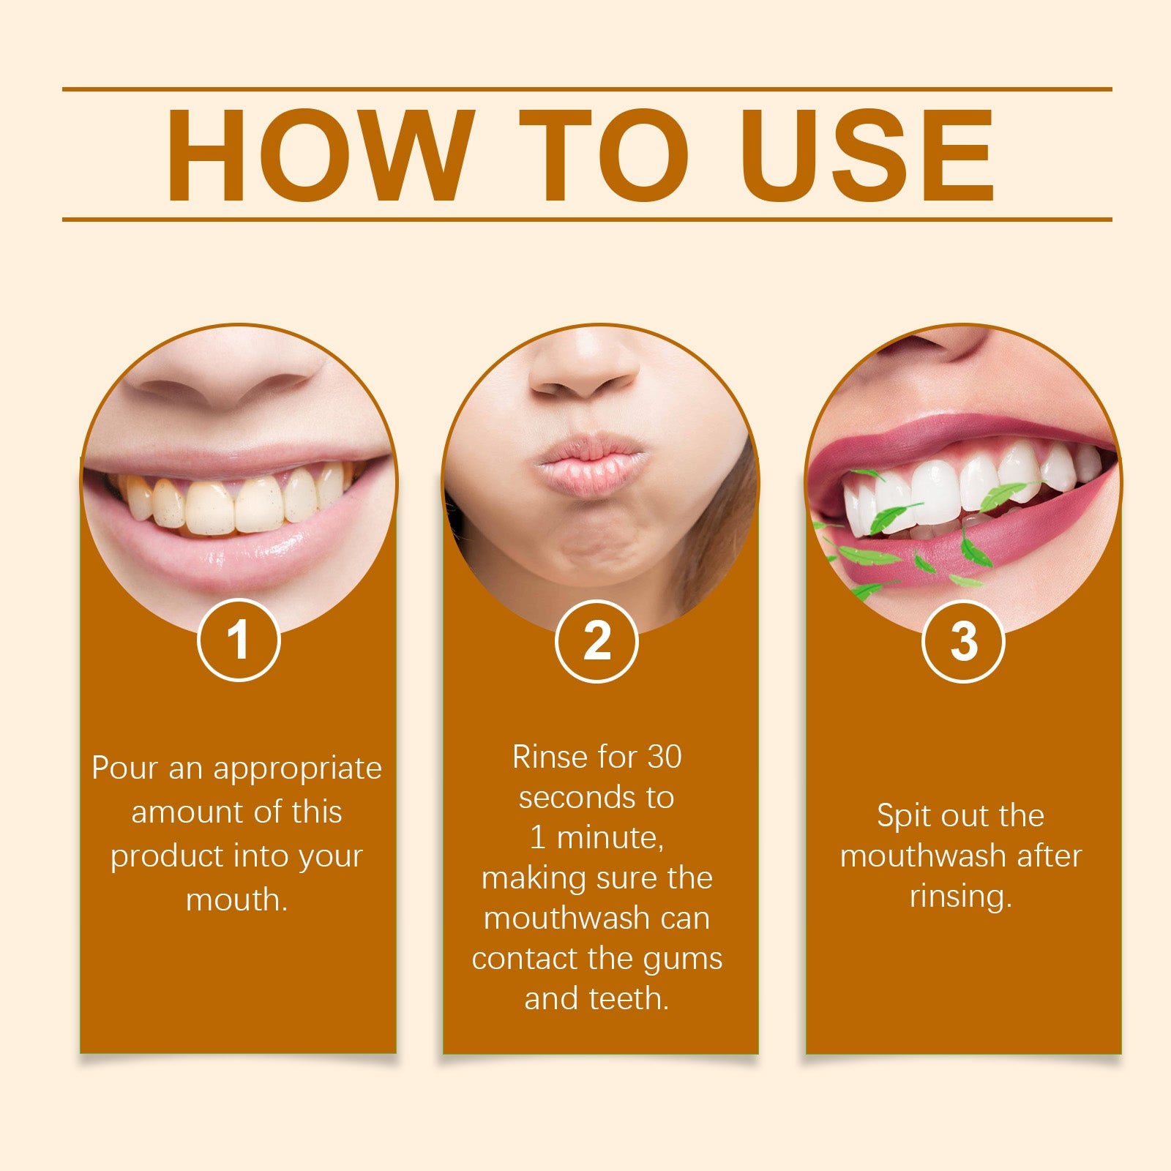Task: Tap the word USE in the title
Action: click(871, 155)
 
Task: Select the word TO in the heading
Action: click(605, 155)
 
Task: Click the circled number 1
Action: click(239, 640)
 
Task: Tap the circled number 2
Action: click(596, 640)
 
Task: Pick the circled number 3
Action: click(963, 640)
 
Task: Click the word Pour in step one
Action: click(125, 768)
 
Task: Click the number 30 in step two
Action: click(664, 757)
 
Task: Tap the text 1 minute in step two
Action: click(596, 837)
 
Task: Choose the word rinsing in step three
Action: click(959, 896)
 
